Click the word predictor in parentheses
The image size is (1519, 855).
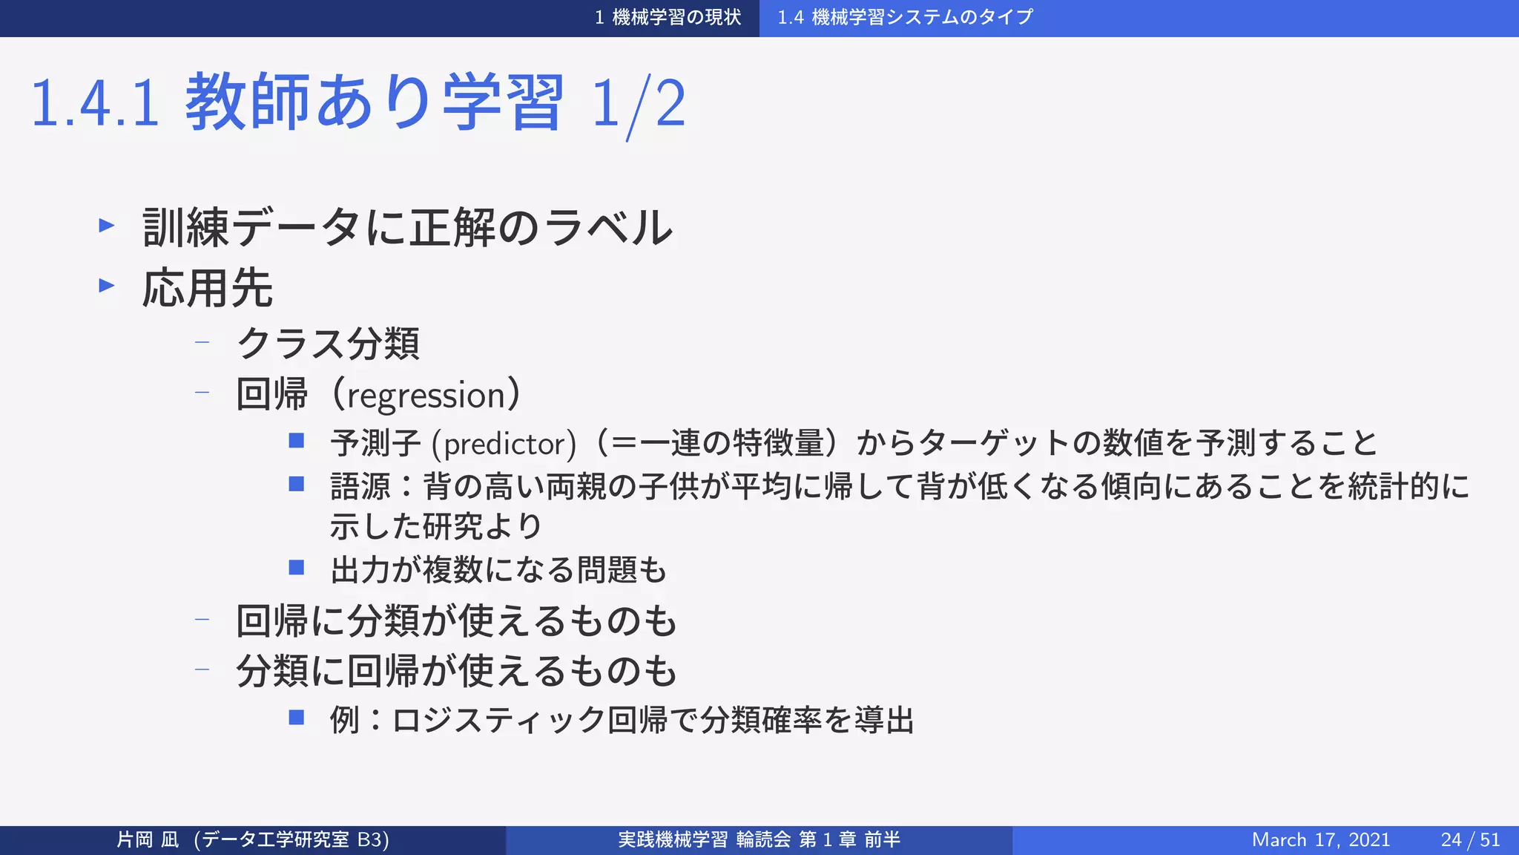click(x=504, y=445)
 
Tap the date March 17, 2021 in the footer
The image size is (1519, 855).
click(x=1320, y=839)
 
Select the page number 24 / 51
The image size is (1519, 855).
click(x=1470, y=839)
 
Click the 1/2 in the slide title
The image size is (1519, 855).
click(x=639, y=104)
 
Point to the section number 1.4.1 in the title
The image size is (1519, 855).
click(x=95, y=104)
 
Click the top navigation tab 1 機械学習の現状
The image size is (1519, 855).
click(x=668, y=17)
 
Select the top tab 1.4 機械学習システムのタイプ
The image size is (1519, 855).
click(x=905, y=17)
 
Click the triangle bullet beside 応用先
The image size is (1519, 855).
click(x=107, y=286)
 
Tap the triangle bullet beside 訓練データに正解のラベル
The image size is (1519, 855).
click(x=107, y=225)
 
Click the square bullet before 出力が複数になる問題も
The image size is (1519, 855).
click(x=297, y=569)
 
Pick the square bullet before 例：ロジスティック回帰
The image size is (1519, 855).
click(x=297, y=718)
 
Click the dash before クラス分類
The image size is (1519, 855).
click(x=202, y=343)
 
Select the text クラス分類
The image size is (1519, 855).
click(x=328, y=344)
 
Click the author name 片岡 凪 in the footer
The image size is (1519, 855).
click(x=148, y=839)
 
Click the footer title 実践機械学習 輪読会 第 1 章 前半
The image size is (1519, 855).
click(x=759, y=839)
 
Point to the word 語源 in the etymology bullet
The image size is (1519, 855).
click(x=360, y=487)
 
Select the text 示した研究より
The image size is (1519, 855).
click(x=436, y=526)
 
